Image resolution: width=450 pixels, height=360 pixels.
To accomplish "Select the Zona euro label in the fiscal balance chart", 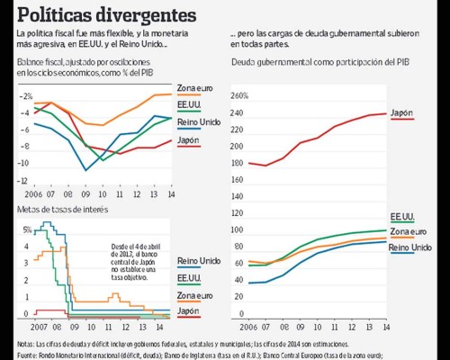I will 197,86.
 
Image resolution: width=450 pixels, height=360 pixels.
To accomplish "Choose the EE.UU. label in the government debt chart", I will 402,217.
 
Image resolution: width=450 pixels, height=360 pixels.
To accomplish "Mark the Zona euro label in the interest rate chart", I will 195,294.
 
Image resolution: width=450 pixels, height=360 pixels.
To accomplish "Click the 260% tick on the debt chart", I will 239,95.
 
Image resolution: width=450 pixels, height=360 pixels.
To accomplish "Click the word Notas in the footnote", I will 26,344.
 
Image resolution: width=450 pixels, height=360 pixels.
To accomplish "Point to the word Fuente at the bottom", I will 28,355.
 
